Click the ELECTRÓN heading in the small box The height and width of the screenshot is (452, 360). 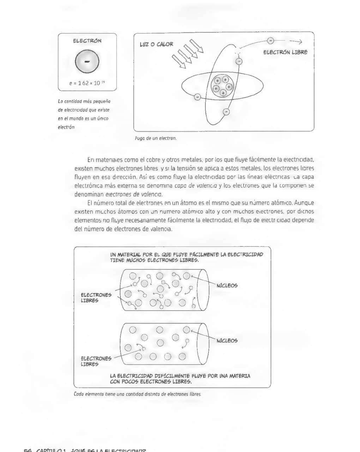pos(87,41)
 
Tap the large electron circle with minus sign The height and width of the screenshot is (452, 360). pos(87,61)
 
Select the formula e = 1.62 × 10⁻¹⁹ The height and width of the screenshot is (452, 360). pos(87,83)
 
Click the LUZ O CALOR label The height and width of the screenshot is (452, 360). pos(156,44)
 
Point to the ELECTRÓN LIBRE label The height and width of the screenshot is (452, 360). pos(285,52)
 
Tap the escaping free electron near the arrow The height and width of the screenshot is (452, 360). pos(270,41)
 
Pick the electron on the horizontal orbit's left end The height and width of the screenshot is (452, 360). pos(197,96)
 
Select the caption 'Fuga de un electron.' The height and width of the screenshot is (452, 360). pos(156,138)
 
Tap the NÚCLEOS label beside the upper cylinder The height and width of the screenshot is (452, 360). pos(227,285)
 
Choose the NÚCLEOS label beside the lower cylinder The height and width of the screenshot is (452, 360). pos(227,340)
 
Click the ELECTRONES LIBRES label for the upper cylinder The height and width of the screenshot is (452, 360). pos(96,298)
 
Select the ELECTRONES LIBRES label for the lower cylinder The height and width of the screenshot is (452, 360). pos(96,361)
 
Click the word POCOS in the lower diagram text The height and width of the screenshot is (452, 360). pos(130,382)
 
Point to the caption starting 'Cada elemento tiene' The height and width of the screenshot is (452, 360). pos(137,394)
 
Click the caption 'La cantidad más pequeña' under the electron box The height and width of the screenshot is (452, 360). pos(84,114)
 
